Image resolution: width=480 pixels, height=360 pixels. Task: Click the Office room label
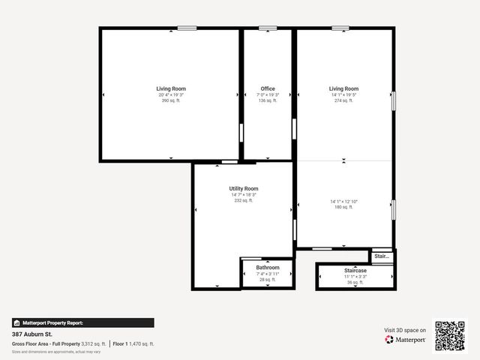click(268, 88)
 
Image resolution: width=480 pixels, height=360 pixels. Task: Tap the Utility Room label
click(244, 188)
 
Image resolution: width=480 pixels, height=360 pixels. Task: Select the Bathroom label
click(268, 268)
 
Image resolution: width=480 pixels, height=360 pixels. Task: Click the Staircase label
click(355, 270)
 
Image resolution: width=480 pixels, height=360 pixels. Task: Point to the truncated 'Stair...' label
click(382, 256)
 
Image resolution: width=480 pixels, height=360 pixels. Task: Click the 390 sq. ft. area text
click(171, 100)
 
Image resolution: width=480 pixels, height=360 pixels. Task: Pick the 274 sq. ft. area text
click(343, 100)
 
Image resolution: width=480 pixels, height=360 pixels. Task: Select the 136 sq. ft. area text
click(268, 100)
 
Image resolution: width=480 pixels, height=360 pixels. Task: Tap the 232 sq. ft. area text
click(244, 200)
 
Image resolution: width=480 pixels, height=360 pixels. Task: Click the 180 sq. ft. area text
click(343, 207)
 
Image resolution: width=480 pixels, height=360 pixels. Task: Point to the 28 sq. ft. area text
click(268, 280)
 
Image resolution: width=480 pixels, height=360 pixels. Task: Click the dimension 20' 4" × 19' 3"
click(171, 94)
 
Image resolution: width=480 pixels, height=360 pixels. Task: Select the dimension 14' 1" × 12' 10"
click(343, 201)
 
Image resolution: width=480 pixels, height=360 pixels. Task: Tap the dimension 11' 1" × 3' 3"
click(355, 276)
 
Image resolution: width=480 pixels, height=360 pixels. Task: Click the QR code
click(450, 336)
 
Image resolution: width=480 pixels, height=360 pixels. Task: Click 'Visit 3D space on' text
click(405, 330)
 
